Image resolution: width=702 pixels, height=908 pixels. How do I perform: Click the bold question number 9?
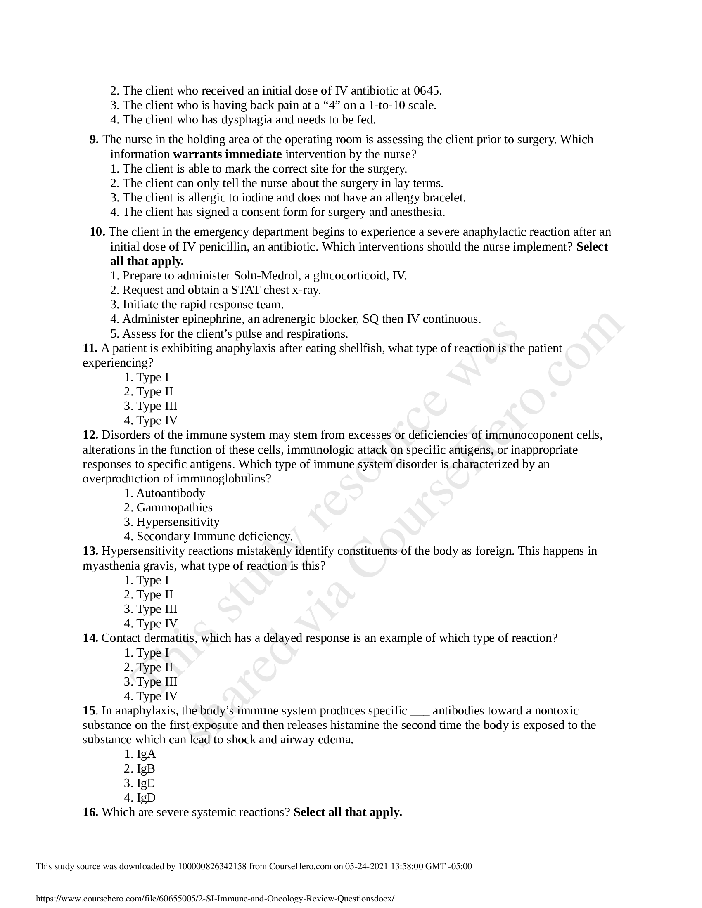pyautogui.click(x=94, y=140)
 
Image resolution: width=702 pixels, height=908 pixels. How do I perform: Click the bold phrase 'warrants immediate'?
pyautogui.click(x=227, y=155)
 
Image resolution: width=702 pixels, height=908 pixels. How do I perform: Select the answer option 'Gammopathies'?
pyautogui.click(x=174, y=508)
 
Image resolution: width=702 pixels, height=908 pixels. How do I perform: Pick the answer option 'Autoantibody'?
pyautogui.click(x=171, y=493)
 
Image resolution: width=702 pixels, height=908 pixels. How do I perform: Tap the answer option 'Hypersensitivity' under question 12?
pyautogui.click(x=178, y=522)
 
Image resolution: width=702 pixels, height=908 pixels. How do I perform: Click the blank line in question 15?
pyautogui.click(x=420, y=711)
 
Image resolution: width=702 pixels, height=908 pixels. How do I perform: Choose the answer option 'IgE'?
pyautogui.click(x=145, y=783)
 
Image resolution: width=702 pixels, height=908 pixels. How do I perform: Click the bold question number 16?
pyautogui.click(x=90, y=812)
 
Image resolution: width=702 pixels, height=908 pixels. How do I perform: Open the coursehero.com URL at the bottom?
pyautogui.click(x=215, y=898)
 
